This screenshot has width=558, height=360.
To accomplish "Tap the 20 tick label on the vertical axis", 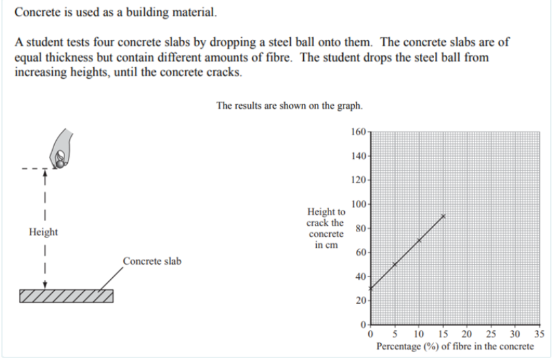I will point(360,300).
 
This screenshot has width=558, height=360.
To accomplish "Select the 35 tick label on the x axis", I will point(538,334).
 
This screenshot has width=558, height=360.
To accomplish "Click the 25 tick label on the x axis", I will point(491,334).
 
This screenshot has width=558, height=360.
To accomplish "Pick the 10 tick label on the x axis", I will point(419,334).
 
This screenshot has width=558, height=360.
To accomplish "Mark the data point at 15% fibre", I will point(443,216).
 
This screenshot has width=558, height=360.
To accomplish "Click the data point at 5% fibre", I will point(395,264).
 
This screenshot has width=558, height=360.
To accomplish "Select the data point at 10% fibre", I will point(419,240).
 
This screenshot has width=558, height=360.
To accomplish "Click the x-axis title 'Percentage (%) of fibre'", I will point(454,346).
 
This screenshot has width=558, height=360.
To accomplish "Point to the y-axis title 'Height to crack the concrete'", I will point(326,228).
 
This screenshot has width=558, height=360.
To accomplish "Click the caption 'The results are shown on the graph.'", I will point(289,106).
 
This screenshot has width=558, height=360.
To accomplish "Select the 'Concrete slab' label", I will point(152,262).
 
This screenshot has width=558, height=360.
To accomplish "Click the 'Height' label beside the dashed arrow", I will point(44,232).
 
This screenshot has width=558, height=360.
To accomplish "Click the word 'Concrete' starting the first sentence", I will point(35,12).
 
